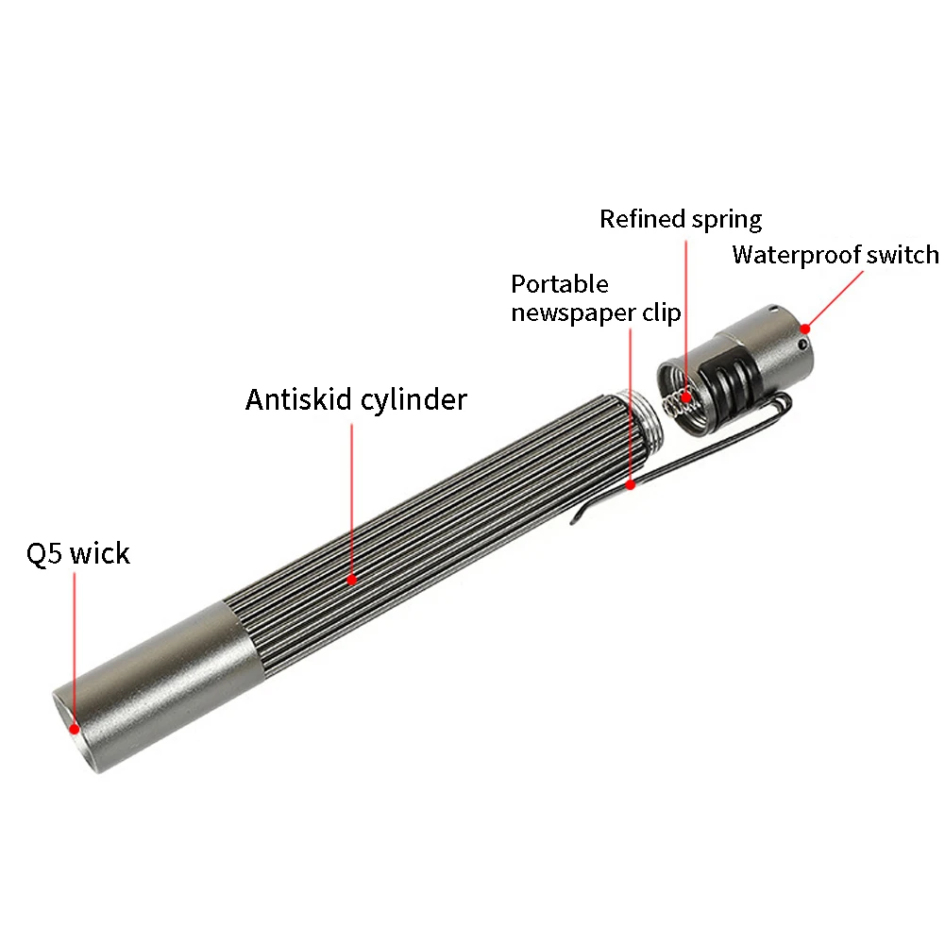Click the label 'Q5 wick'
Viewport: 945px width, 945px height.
click(x=77, y=553)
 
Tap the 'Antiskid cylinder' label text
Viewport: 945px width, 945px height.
click(x=356, y=399)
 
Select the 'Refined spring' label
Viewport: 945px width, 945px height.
click(x=681, y=219)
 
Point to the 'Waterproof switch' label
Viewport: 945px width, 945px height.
click(x=835, y=255)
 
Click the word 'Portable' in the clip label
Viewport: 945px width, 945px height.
click(x=560, y=284)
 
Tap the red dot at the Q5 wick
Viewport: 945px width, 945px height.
click(x=75, y=728)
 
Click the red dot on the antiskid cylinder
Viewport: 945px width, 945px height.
click(x=352, y=580)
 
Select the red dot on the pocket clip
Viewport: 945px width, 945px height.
click(x=631, y=485)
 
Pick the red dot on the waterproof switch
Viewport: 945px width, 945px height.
click(x=804, y=328)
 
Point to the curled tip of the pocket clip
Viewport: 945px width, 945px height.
click(x=578, y=517)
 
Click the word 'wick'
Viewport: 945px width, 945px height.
click(x=99, y=553)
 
